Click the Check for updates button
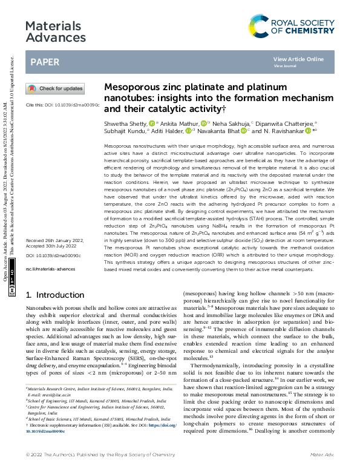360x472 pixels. coord(55,88)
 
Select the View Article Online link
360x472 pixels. coord(298,59)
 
